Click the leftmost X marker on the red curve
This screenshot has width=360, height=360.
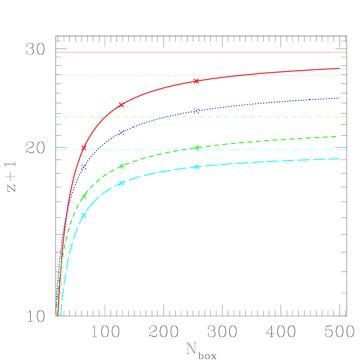point(84,148)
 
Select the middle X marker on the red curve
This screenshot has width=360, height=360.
point(121,105)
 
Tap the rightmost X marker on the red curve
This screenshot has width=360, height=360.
point(196,81)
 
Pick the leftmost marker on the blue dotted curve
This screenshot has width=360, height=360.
point(84,167)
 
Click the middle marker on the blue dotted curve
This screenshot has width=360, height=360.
point(121,132)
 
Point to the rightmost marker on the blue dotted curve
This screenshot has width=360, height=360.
point(196,111)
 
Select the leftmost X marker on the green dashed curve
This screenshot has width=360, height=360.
point(84,196)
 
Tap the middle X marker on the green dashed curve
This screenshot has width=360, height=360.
point(121,166)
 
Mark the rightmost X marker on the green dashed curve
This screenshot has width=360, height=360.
point(196,148)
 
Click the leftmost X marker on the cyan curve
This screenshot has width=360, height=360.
point(84,215)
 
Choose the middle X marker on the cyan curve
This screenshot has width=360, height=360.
point(121,183)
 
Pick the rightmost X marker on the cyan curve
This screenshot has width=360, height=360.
point(196,167)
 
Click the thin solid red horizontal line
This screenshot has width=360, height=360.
point(200,52)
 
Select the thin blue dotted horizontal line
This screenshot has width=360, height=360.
point(200,75)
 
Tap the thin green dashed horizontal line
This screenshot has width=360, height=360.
point(260,117)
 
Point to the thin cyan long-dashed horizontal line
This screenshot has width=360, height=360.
point(260,150)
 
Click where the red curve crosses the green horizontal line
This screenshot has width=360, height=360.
point(106,117)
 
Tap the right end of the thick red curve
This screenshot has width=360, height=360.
point(340,68)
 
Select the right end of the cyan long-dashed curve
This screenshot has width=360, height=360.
point(340,159)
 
